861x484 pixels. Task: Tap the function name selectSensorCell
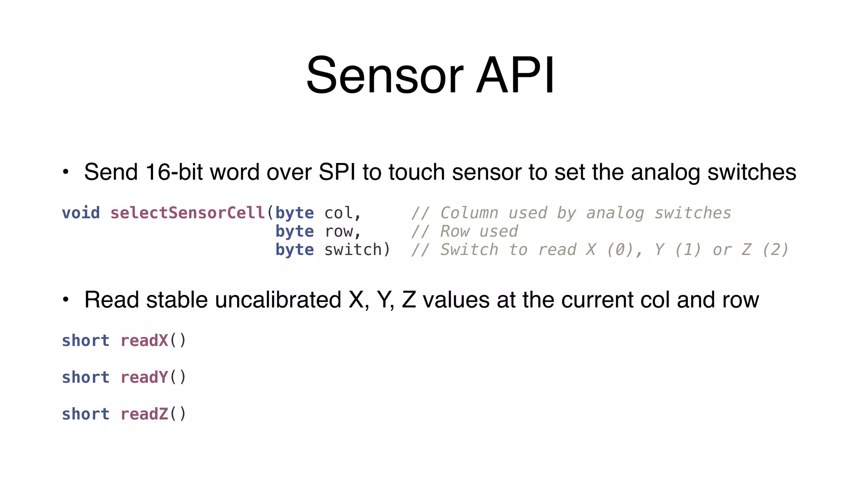[x=188, y=213]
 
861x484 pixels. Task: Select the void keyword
[x=81, y=213]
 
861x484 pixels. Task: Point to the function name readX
[x=144, y=341]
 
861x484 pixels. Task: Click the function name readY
[x=144, y=377]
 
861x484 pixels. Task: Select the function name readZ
[x=144, y=414]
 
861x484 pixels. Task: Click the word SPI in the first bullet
[x=337, y=172]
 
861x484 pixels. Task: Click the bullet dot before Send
[x=66, y=172]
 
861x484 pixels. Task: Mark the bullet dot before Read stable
[x=66, y=300]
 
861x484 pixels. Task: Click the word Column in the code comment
[x=469, y=213]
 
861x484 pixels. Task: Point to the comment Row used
[x=479, y=231]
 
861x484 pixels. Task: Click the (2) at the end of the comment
[x=775, y=250]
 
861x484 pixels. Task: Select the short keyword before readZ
[x=85, y=414]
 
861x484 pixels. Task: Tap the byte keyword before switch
[x=294, y=250]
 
